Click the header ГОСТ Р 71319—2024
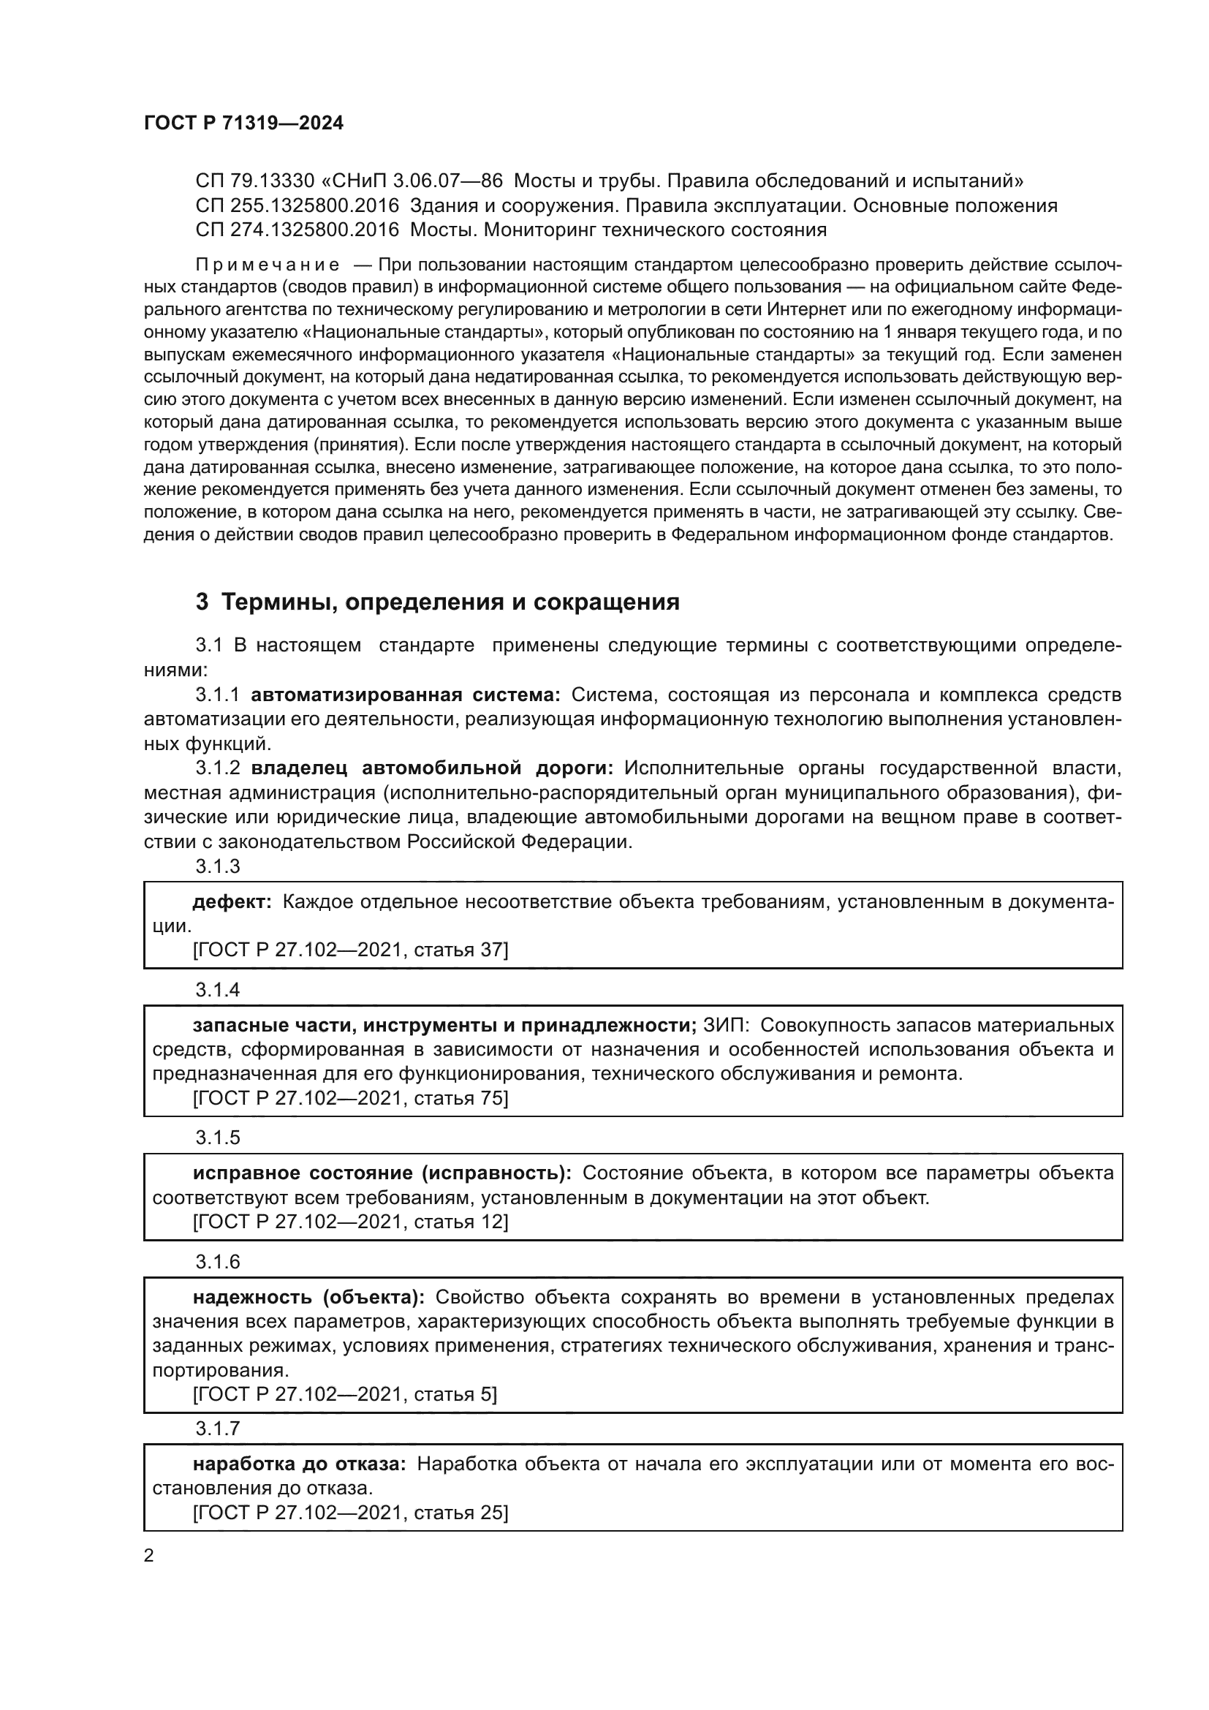[243, 124]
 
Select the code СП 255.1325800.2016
[297, 205]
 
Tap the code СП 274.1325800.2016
[297, 230]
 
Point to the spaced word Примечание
[268, 265]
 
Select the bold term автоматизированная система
[405, 695]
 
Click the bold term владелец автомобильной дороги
[432, 768]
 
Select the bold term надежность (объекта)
[308, 1297]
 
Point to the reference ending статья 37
[351, 950]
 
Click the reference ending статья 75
[351, 1098]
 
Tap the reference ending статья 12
[351, 1222]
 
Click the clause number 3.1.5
[217, 1138]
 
